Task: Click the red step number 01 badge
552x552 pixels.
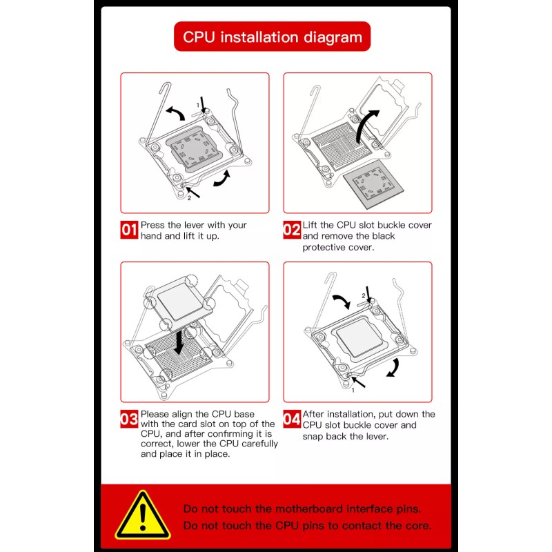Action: coord(129,230)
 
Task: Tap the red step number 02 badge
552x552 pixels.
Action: coord(292,230)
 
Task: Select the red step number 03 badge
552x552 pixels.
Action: coord(129,419)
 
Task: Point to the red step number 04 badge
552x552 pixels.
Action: coord(292,419)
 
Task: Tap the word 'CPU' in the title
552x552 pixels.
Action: coord(199,37)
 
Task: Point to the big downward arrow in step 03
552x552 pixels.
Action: coord(179,342)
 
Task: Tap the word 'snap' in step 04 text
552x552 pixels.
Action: coord(313,437)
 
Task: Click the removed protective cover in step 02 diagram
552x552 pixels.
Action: coord(373,184)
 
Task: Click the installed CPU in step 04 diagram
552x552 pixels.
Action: coord(359,337)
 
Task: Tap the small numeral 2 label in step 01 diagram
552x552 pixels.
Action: coord(189,198)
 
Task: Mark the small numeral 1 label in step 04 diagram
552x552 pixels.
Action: coord(353,391)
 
